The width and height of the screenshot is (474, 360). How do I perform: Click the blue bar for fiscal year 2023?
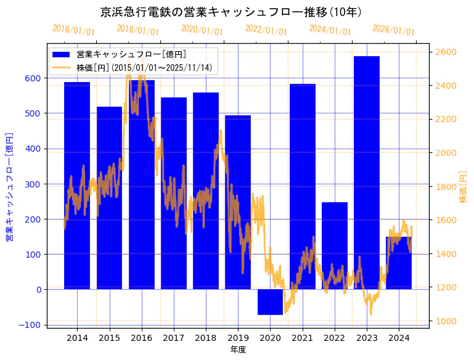click(367, 173)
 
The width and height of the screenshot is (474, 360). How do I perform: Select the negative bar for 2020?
click(270, 302)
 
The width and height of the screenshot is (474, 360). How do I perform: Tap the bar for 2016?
click(142, 185)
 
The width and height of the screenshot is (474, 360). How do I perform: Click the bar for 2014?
click(77, 185)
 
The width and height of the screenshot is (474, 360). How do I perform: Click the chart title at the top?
click(231, 12)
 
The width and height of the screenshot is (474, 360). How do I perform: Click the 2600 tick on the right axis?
click(447, 52)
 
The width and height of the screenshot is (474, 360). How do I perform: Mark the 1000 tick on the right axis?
click(447, 321)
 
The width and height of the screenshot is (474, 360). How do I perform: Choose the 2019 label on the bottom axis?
click(238, 338)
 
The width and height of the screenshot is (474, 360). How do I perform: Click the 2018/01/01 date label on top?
click(137, 30)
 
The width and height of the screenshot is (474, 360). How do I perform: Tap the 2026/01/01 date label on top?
click(394, 31)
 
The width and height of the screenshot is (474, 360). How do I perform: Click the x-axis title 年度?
click(238, 350)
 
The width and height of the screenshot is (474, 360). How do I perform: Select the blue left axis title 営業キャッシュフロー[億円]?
click(9, 186)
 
